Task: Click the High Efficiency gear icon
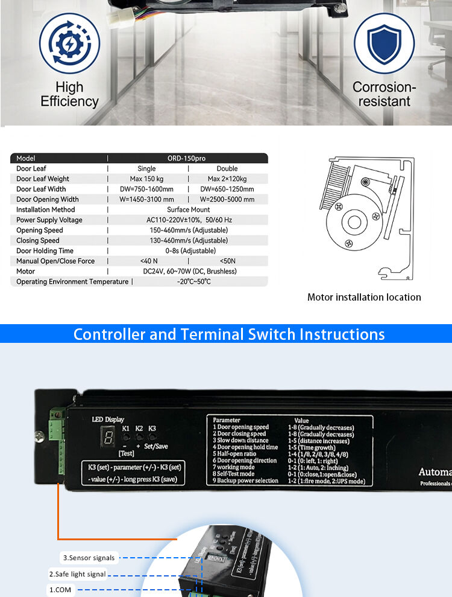[69, 43]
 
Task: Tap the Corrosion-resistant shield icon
[384, 43]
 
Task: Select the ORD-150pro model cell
[187, 158]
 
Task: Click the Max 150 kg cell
[146, 179]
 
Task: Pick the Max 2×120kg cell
[227, 179]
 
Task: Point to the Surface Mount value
[188, 209]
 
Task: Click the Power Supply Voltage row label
[49, 220]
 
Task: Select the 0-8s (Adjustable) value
[188, 251]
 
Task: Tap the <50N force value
[227, 261]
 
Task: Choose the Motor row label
[26, 271]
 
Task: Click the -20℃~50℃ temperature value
[193, 281]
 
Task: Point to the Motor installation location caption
[364, 297]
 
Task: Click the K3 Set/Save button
[152, 436]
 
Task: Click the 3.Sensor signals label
[89, 558]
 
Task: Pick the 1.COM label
[61, 590]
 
